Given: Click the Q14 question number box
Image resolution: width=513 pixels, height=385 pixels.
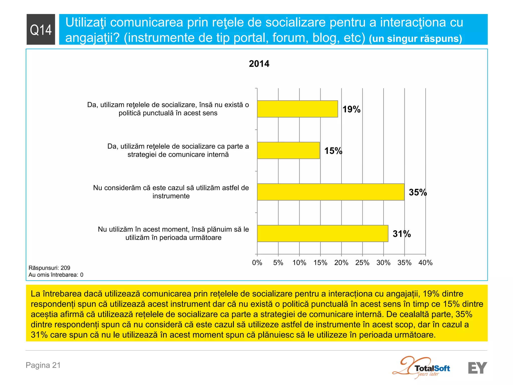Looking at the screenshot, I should click(x=41, y=30).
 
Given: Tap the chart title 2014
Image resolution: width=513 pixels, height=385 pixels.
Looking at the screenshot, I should click(x=259, y=64).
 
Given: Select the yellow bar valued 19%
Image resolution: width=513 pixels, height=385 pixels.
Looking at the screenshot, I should click(x=297, y=109).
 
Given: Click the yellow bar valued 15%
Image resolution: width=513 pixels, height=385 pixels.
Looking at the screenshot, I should click(x=288, y=150).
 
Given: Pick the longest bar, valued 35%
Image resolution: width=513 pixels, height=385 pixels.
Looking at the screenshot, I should click(x=331, y=192).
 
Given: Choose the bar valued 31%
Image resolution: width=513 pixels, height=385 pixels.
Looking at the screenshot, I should click(x=323, y=233).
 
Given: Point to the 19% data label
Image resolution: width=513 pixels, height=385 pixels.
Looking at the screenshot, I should click(x=351, y=109).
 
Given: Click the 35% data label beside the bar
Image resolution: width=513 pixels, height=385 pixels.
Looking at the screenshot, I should click(x=418, y=192).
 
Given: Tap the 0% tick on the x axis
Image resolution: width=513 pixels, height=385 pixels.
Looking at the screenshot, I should click(x=257, y=263).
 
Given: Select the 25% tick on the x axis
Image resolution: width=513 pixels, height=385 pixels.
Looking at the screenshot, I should click(x=362, y=263).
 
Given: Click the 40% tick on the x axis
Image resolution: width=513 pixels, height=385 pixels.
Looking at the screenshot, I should click(x=425, y=263).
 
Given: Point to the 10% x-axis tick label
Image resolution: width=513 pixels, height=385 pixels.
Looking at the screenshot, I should click(x=299, y=263).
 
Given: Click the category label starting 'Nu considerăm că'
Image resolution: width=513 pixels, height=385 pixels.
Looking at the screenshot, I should click(x=171, y=192).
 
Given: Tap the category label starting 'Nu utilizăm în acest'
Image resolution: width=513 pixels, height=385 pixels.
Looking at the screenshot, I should click(x=173, y=233).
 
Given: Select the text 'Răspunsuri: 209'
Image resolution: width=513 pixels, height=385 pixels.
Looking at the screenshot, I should click(x=49, y=268).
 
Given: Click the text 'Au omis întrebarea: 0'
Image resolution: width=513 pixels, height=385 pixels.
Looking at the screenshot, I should click(x=56, y=275).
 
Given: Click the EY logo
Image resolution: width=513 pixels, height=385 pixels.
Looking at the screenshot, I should click(x=477, y=368).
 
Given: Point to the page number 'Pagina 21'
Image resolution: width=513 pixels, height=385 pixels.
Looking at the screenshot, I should click(x=43, y=365).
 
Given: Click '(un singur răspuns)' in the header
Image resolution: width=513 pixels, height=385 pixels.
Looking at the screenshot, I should click(x=415, y=39).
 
